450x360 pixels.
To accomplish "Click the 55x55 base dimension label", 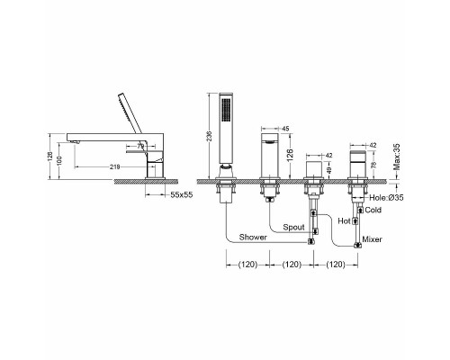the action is click(182, 195).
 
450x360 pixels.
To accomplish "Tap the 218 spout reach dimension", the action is click(115, 166).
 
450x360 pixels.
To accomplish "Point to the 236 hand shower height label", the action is click(209, 136).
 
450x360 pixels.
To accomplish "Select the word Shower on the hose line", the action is click(253, 238).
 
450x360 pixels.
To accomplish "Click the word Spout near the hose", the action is click(293, 228).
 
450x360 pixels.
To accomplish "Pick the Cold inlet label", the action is click(373, 210).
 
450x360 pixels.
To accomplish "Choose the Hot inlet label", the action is click(344, 221).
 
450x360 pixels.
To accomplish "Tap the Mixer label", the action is click(372, 239).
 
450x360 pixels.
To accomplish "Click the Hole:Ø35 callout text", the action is click(386, 198).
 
